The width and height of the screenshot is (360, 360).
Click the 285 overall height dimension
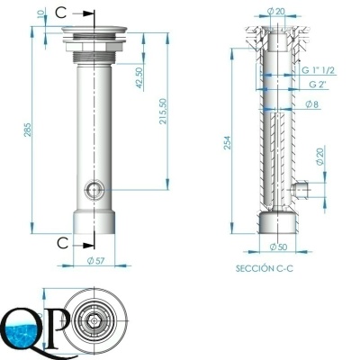point(27,130)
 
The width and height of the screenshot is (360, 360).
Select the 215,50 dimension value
point(163,111)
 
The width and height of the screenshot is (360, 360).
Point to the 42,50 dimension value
point(139,77)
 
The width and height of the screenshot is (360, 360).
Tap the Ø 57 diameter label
point(95,261)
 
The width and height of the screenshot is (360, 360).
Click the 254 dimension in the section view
point(227,142)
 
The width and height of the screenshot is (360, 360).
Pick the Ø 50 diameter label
point(278,247)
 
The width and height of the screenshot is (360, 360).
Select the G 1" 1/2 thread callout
point(318,70)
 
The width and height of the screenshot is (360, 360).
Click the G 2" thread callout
point(318,85)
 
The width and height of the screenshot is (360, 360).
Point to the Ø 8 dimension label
point(311,104)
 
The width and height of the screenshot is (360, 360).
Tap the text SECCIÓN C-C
point(265,268)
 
